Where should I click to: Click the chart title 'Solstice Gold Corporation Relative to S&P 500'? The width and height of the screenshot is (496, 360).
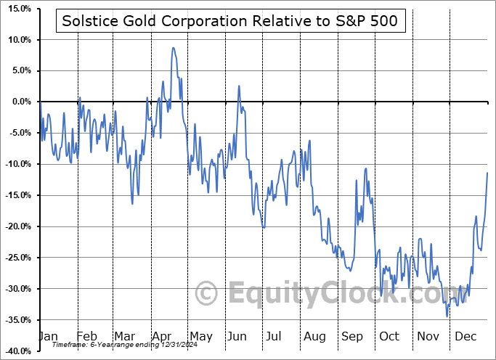click(x=230, y=22)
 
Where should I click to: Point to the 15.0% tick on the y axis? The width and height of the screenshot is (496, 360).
click(x=16, y=9)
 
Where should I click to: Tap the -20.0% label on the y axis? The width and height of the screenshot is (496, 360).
click(x=16, y=226)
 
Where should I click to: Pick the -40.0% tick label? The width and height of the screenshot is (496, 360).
click(x=16, y=351)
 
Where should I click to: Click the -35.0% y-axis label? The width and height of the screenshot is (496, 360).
click(x=16, y=320)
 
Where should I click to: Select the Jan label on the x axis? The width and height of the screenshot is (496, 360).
click(x=47, y=336)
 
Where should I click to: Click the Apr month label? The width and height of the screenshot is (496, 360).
click(x=161, y=336)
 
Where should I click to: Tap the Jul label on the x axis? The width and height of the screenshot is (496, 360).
click(x=275, y=336)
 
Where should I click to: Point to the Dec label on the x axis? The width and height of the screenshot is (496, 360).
click(x=465, y=336)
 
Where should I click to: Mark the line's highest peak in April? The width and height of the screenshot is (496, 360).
click(x=173, y=48)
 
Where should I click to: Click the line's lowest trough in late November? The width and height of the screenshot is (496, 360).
click(x=447, y=316)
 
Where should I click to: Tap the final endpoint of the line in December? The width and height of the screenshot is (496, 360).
click(x=487, y=172)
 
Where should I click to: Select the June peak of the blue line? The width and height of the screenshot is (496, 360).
click(x=238, y=86)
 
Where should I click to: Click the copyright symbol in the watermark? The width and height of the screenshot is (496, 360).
click(x=207, y=294)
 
